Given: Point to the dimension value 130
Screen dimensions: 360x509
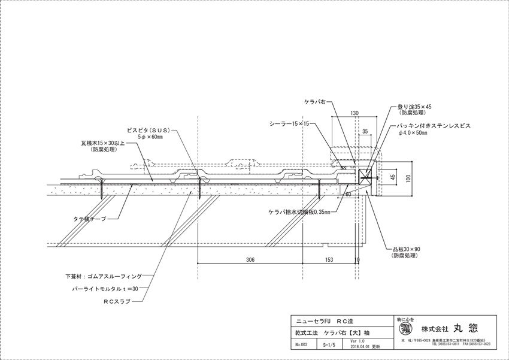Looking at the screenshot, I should click(x=355, y=113).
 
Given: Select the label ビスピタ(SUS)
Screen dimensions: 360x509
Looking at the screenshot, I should click(x=149, y=130).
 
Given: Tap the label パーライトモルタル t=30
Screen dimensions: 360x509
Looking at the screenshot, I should click(x=111, y=289).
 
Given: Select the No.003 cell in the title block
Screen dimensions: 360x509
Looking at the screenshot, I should click(x=301, y=344).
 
